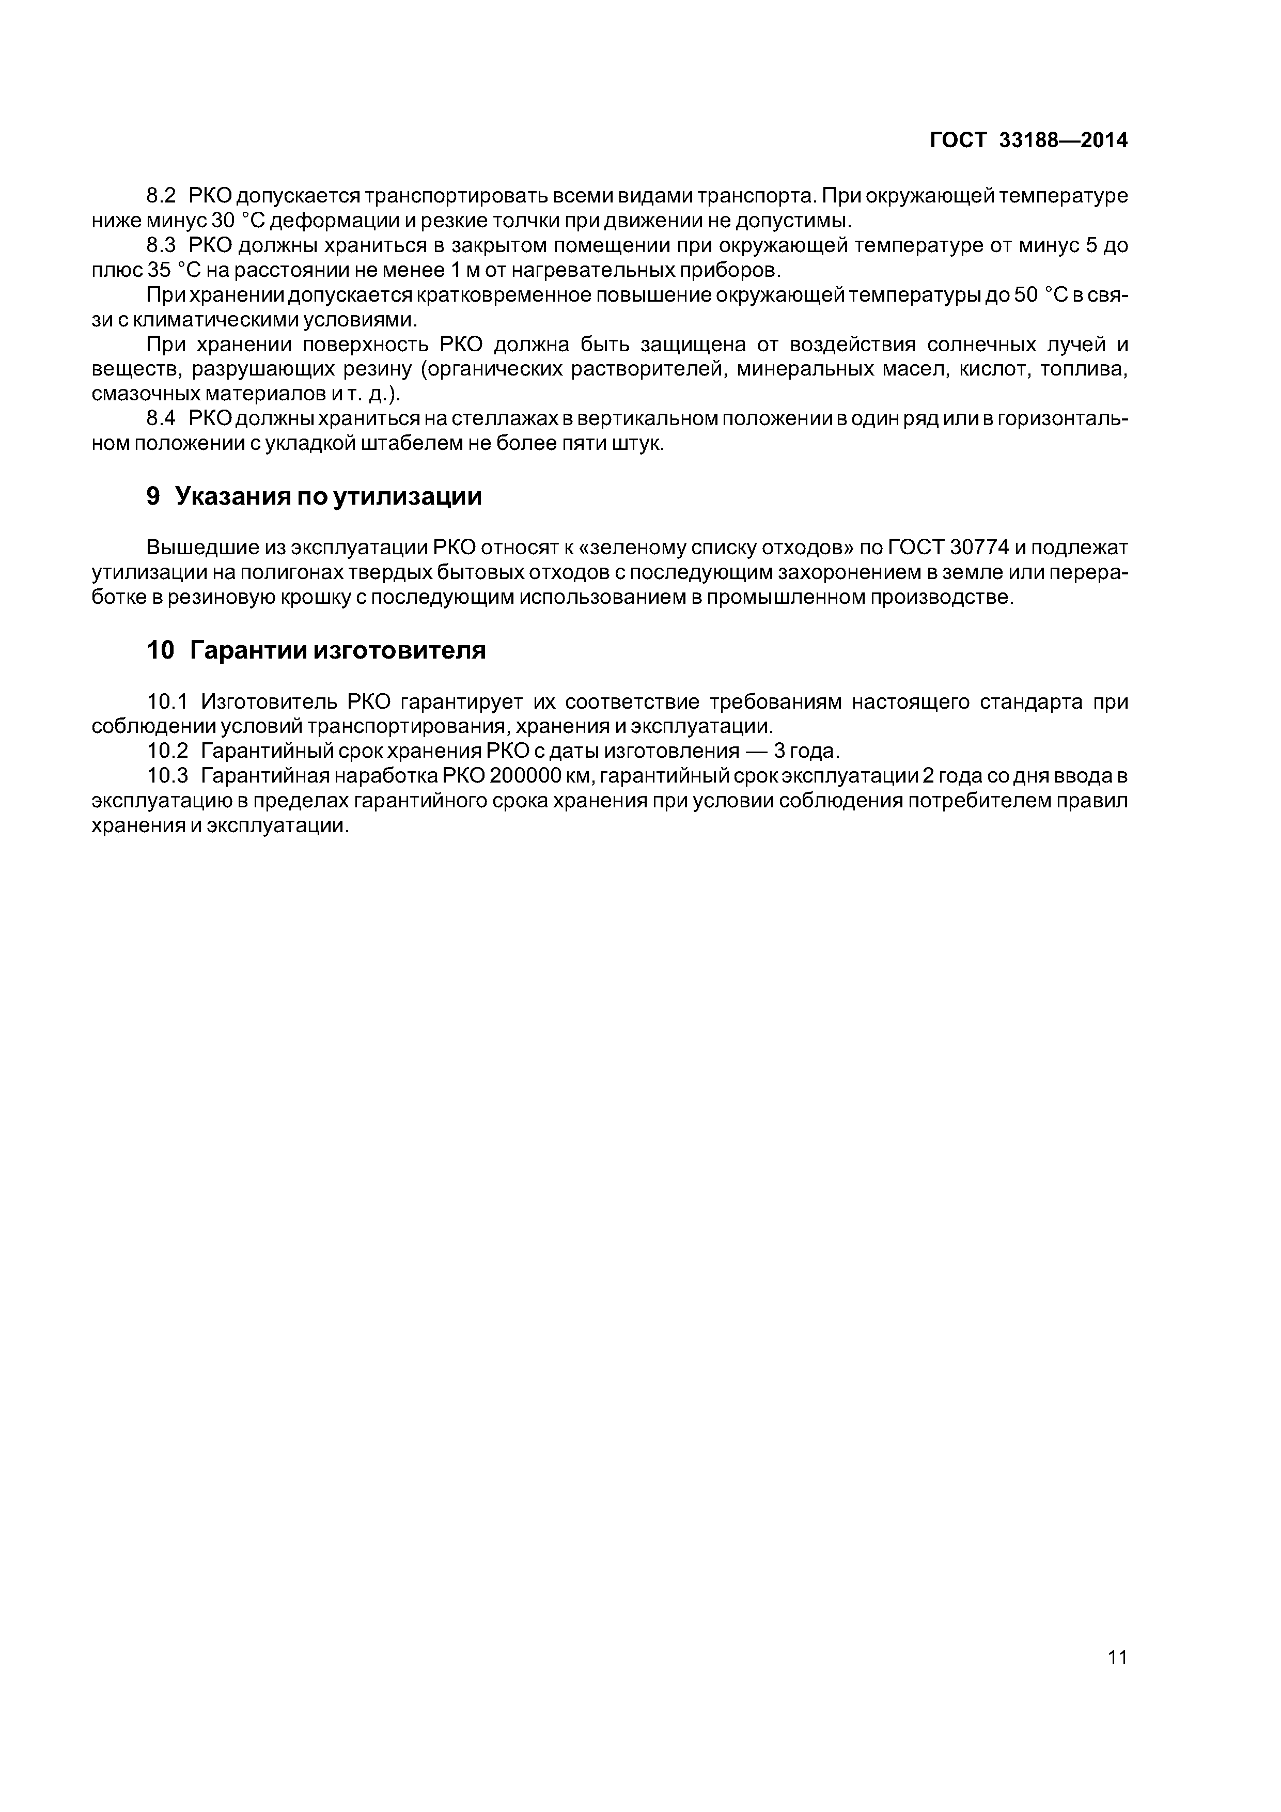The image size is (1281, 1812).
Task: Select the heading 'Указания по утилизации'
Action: (327, 496)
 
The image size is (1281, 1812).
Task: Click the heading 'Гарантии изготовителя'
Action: (338, 650)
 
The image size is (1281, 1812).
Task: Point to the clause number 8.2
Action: (164, 195)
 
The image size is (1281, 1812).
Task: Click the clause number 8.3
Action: (164, 245)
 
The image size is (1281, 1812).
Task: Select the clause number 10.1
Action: (168, 701)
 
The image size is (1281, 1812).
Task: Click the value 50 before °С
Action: (1024, 295)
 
